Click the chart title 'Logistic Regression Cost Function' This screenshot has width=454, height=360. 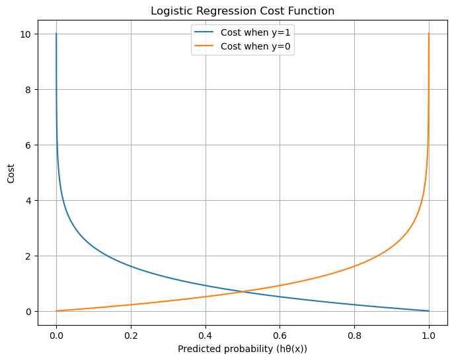point(243,11)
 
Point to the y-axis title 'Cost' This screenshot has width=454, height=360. point(11,174)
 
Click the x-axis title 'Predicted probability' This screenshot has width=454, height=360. point(243,348)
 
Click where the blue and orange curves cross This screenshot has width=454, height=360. point(243,292)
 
